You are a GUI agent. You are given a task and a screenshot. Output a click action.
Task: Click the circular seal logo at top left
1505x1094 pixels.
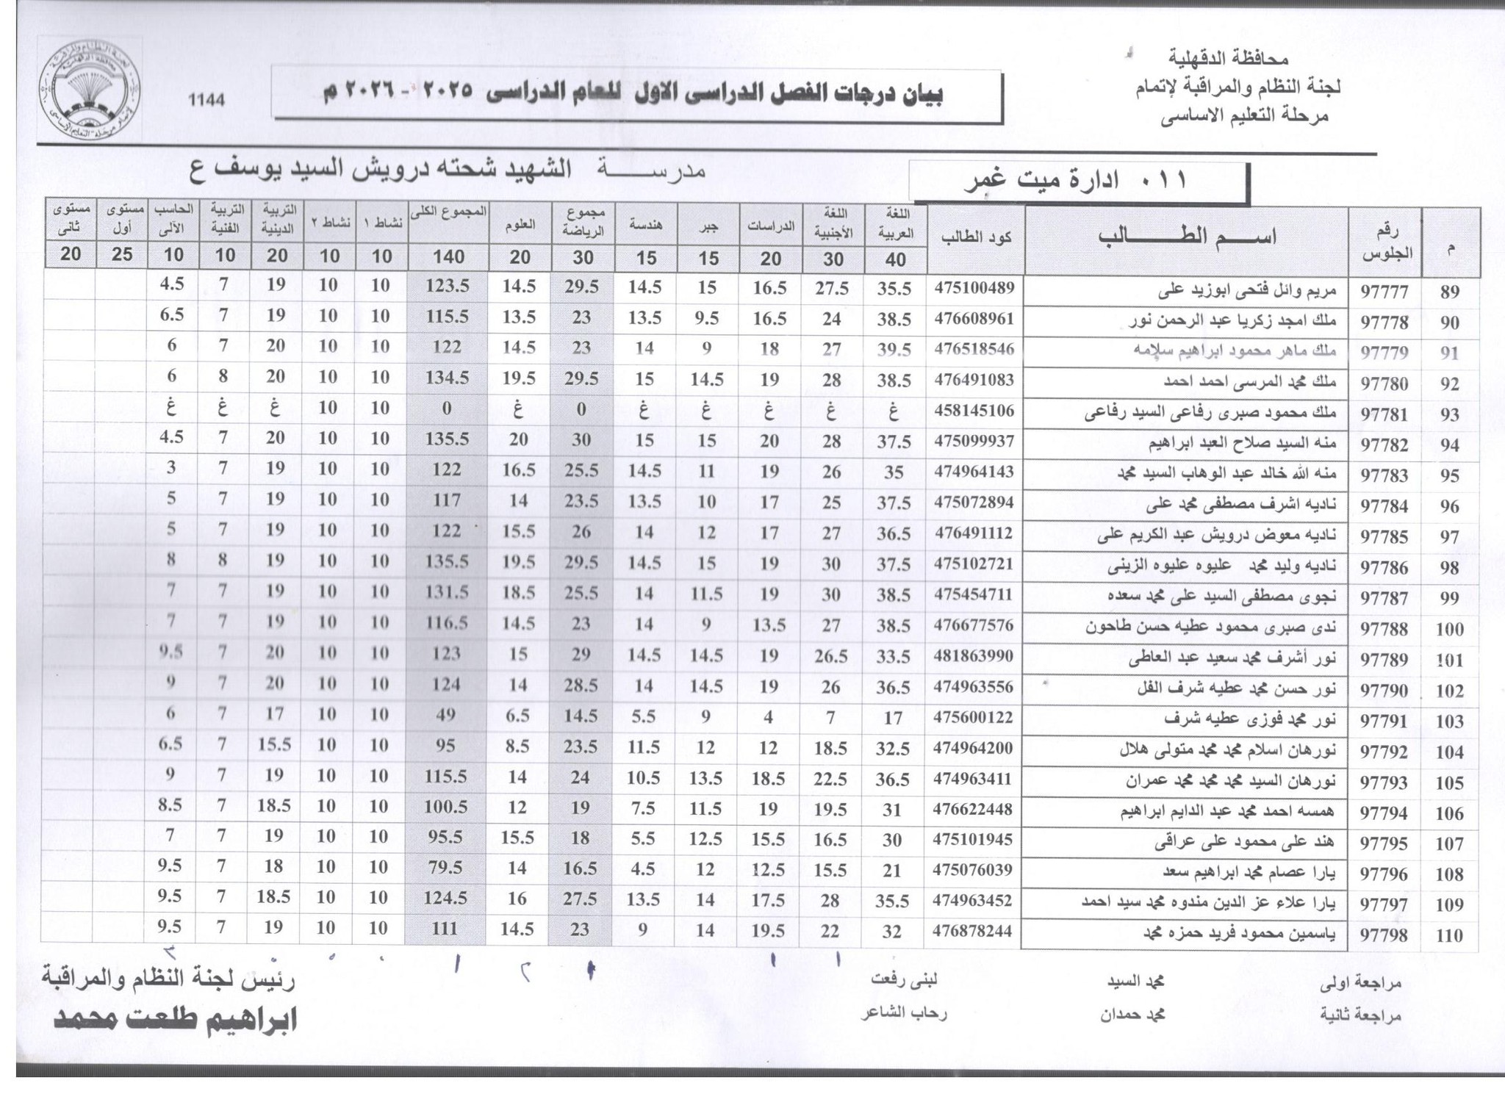[90, 90]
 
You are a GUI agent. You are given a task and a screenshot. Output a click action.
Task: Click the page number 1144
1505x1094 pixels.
[206, 100]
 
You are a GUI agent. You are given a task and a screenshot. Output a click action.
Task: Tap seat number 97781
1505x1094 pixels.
[1384, 414]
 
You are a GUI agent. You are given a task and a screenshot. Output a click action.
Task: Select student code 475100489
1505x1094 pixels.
[974, 288]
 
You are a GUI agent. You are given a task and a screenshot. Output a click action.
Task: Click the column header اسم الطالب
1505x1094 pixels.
[1186, 237]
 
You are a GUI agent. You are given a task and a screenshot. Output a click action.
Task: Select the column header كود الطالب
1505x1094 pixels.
[974, 237]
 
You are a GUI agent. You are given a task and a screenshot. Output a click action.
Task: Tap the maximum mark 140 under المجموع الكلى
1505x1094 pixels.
[448, 256]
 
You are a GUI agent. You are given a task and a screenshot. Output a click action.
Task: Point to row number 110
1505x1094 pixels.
[1449, 935]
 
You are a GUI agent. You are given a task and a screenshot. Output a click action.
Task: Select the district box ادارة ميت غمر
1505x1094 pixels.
[1078, 181]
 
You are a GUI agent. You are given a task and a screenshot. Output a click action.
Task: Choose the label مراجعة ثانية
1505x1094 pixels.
[1360, 1015]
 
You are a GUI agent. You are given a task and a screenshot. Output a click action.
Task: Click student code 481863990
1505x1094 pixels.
[974, 655]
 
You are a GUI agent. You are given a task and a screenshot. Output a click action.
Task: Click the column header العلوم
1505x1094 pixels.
[520, 226]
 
